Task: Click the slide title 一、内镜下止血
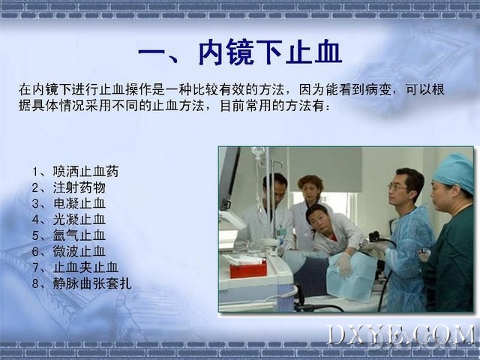point(240,52)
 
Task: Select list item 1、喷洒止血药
point(75,172)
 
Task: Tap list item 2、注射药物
point(69,187)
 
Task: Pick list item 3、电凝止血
point(69,203)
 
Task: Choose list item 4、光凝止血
point(69,220)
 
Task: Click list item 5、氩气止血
point(69,235)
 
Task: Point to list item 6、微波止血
point(69,251)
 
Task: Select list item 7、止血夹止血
point(75,267)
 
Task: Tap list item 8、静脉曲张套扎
point(82,283)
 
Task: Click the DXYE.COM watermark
point(401,335)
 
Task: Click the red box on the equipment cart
point(248,268)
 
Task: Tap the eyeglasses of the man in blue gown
point(397,187)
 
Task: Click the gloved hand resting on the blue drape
point(344,265)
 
